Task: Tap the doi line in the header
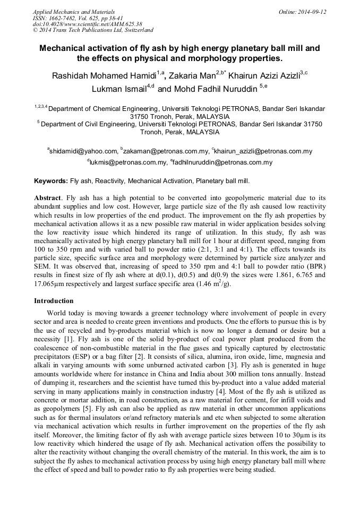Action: tap(87, 24)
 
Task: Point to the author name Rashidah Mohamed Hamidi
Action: tap(104, 75)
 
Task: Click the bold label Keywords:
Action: tap(51, 181)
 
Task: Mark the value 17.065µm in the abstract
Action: tap(53, 283)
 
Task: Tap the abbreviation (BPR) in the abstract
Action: tap(315, 266)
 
